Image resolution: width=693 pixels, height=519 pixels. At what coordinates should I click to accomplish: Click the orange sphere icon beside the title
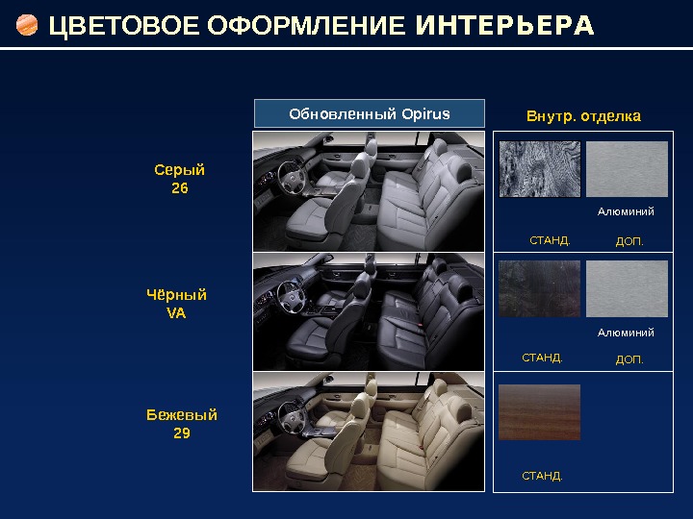28,25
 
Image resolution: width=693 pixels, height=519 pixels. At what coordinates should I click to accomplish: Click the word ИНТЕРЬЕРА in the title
504,25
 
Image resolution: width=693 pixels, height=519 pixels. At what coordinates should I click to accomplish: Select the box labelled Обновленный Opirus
370,114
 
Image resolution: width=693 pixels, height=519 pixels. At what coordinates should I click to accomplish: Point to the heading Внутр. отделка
583,116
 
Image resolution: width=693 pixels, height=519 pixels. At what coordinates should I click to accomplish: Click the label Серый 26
180,180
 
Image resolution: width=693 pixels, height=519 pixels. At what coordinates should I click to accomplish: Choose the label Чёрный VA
177,303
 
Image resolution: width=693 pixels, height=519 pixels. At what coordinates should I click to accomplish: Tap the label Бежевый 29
182,424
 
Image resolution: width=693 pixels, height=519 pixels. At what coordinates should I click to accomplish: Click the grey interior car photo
369,191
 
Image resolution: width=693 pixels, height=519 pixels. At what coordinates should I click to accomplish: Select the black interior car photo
369,311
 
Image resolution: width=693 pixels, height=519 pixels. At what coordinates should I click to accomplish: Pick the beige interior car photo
369,432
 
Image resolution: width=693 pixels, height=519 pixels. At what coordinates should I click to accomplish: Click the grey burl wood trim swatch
540,169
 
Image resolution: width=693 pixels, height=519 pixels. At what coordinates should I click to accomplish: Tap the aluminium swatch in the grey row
627,169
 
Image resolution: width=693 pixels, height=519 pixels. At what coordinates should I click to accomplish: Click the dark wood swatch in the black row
540,289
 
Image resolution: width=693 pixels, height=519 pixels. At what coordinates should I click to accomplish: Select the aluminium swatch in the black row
627,289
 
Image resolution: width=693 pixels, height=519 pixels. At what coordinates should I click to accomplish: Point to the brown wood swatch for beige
540,411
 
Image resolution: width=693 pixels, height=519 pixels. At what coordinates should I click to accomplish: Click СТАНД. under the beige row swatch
542,476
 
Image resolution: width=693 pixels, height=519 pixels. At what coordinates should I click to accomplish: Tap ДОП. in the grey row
629,241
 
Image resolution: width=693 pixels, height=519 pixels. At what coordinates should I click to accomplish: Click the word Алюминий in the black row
626,333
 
